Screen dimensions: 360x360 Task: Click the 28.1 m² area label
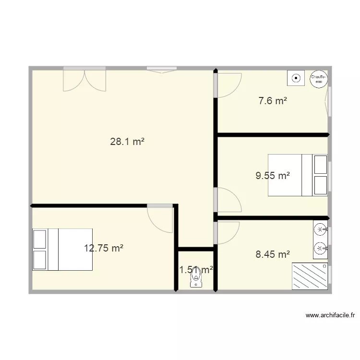128,142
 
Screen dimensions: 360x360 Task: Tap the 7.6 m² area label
273,101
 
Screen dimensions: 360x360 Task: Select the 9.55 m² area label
273,176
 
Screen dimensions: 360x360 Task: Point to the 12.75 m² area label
104,248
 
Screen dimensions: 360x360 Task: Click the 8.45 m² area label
273,254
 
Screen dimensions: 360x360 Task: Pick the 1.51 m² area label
196,270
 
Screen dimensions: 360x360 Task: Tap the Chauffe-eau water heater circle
318,79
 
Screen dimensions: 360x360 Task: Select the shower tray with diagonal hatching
310,276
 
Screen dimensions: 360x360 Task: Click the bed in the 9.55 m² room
298,175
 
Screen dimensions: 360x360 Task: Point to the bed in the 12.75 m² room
62,249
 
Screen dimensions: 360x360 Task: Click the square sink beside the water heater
296,77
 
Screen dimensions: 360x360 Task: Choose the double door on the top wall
84,79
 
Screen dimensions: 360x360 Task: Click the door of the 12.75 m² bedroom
160,217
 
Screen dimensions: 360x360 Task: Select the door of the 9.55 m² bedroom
228,200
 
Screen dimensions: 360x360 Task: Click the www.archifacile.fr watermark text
330,315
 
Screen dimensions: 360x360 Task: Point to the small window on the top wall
161,70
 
